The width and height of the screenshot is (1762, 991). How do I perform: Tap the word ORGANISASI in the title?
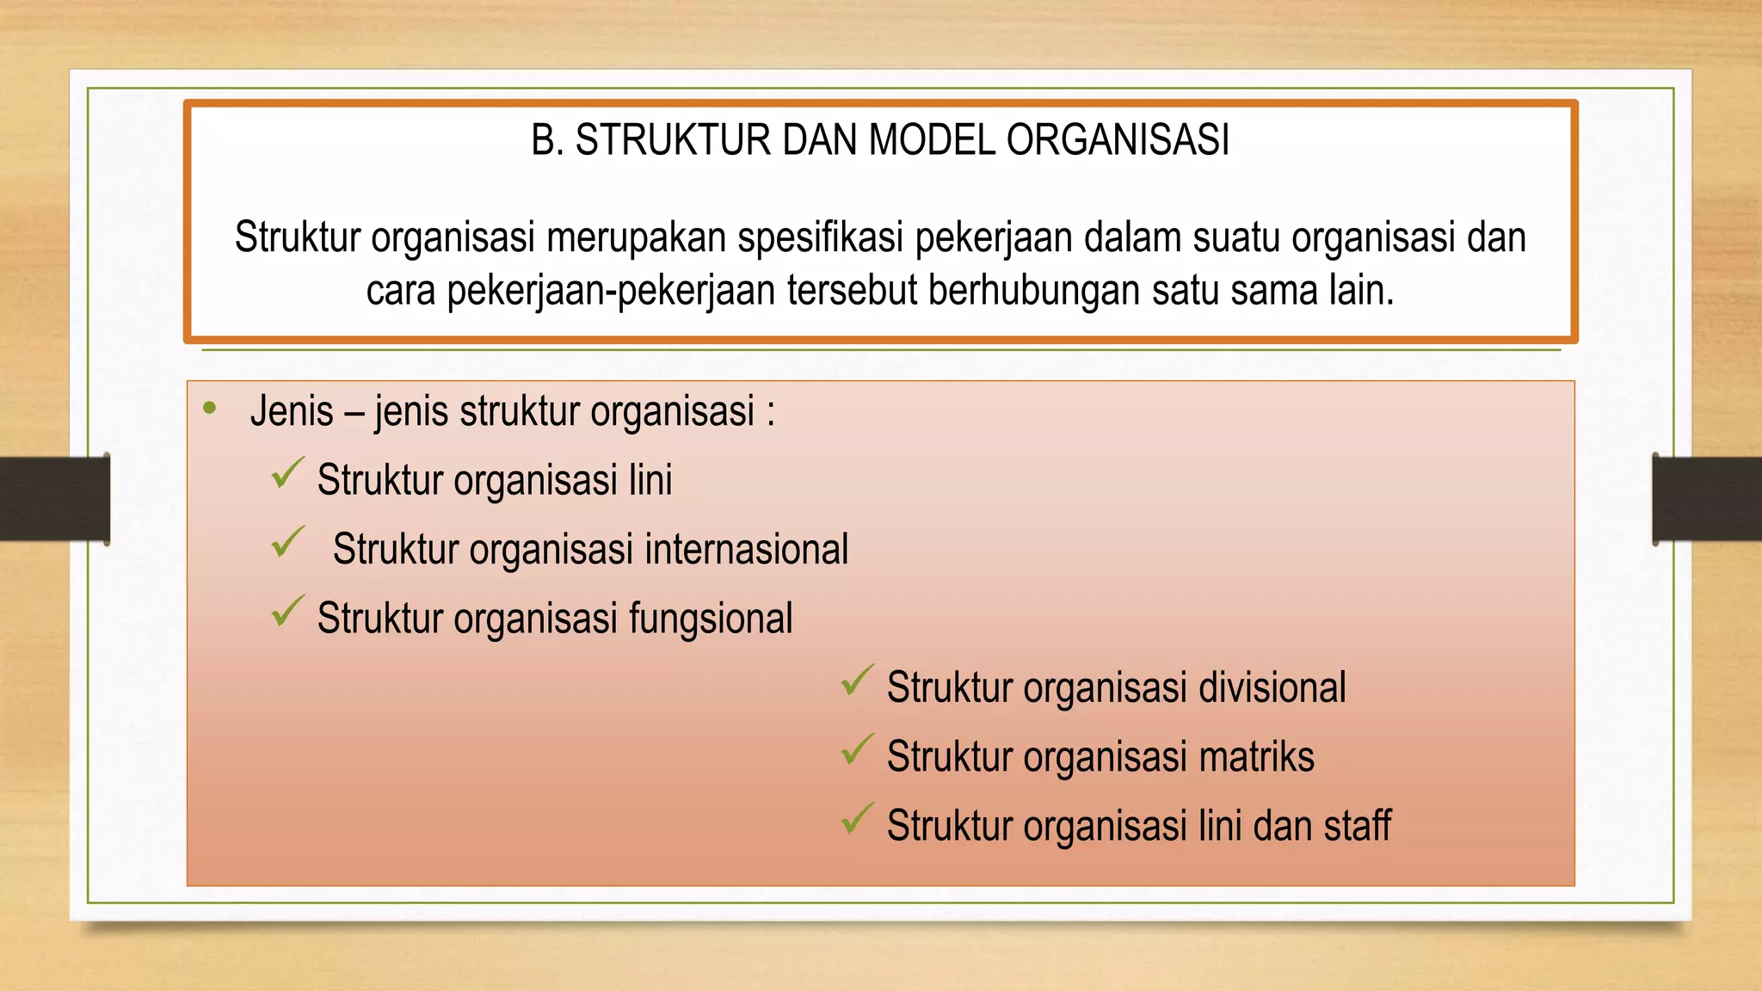click(x=1118, y=140)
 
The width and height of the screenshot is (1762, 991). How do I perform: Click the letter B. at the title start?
click(x=547, y=140)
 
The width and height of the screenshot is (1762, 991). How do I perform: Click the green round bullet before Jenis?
click(x=210, y=409)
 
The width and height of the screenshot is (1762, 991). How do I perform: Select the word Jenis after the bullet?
click(x=292, y=411)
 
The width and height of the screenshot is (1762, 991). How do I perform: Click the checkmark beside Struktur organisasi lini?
click(x=287, y=473)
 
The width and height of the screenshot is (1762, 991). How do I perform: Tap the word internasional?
click(x=746, y=550)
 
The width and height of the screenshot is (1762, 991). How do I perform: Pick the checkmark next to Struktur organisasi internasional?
click(x=287, y=543)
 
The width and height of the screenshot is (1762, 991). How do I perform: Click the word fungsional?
click(x=710, y=619)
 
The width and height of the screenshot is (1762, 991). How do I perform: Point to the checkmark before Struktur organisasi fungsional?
click(x=287, y=612)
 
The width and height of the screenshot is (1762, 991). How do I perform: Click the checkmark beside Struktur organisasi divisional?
click(x=857, y=680)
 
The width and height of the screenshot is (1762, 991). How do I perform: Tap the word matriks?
click(x=1256, y=757)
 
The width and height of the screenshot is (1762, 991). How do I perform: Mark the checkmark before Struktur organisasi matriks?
click(x=857, y=750)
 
